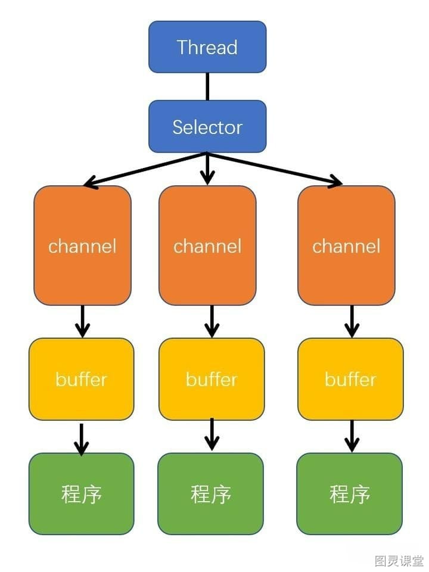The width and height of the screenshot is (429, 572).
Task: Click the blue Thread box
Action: (207, 46)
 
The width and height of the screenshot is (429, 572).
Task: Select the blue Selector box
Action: (207, 126)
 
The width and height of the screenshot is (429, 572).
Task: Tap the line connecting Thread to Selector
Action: (207, 86)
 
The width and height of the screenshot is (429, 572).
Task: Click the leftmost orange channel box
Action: (82, 245)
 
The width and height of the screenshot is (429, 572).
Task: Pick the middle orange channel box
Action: (207, 245)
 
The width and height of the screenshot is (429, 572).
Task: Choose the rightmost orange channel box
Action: (346, 245)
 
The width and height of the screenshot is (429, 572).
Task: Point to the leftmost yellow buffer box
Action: (82, 379)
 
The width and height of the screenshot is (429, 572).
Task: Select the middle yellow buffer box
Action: (212, 379)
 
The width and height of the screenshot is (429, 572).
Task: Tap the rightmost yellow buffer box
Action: (350, 379)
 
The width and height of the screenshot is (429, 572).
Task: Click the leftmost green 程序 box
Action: (82, 494)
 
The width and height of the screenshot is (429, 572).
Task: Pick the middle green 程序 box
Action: (210, 494)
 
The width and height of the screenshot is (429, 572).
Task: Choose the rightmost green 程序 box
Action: (350, 494)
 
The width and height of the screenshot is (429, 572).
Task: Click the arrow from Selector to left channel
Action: (145, 170)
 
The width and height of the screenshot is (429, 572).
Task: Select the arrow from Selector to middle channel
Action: (207, 169)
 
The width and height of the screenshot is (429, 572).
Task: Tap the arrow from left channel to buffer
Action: (82, 321)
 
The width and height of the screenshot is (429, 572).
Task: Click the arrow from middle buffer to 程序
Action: (212, 434)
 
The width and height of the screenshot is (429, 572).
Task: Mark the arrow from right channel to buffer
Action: (352, 321)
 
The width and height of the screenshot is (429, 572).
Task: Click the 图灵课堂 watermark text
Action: (399, 561)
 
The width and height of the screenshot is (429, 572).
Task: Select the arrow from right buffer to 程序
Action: (352, 436)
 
